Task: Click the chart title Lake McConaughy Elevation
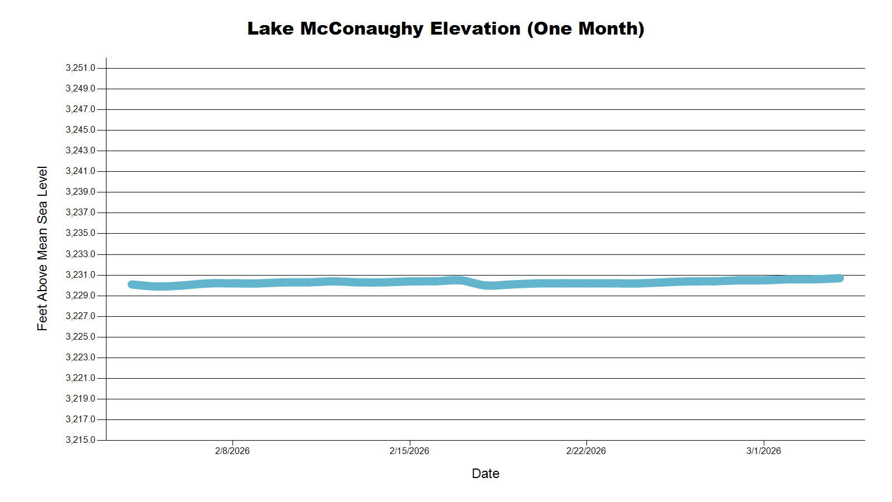click(x=445, y=28)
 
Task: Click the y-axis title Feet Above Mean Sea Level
click(x=42, y=248)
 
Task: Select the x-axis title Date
click(x=485, y=474)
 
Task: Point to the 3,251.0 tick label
click(x=80, y=68)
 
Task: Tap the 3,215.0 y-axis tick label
click(x=80, y=440)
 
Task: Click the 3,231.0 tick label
click(x=80, y=275)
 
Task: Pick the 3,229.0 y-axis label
click(x=80, y=296)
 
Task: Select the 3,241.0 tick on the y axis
click(x=80, y=171)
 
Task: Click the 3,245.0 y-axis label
click(x=80, y=130)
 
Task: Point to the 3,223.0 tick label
click(x=80, y=358)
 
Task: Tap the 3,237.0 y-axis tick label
click(x=80, y=213)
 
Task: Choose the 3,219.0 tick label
click(x=80, y=399)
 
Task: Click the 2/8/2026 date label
click(x=232, y=451)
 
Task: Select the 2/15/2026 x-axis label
click(x=409, y=451)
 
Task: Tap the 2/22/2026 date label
click(x=586, y=451)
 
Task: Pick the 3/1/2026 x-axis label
click(x=763, y=451)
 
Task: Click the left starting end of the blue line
click(x=132, y=284)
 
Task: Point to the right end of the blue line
click(x=840, y=278)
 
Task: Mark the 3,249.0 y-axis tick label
click(x=80, y=89)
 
